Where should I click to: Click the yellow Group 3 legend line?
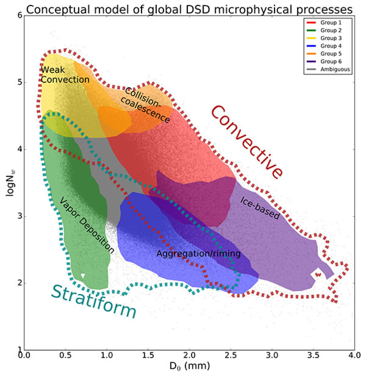[x=311, y=38]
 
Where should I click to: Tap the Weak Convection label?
[x=65, y=75]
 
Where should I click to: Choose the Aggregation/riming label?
[x=198, y=254]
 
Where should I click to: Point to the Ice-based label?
[x=260, y=208]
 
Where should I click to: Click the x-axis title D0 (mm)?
[x=190, y=366]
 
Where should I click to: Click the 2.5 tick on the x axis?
[x=231, y=355]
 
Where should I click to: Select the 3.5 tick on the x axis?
[x=313, y=355]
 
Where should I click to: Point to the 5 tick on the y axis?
[x=20, y=82]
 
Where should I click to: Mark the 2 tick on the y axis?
[x=20, y=283]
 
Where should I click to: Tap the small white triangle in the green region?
[x=83, y=276]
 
